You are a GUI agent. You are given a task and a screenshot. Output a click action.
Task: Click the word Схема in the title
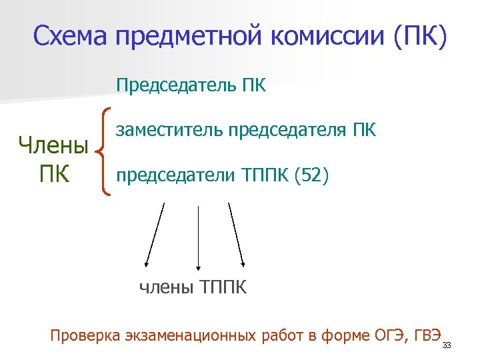coord(70,37)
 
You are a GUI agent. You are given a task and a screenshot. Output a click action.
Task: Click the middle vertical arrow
coord(197,237)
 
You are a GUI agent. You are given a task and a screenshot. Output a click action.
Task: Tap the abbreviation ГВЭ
coord(427,335)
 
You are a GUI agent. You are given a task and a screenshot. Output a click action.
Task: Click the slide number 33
coord(447,345)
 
